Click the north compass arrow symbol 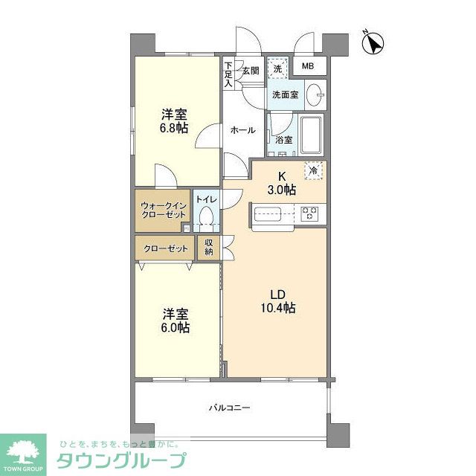374,42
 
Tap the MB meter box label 308,67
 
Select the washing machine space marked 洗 276,68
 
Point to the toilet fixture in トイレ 206,219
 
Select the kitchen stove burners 310,214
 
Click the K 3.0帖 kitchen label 282,184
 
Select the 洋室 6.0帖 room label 176,321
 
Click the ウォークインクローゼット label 163,210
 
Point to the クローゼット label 165,248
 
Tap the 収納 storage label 209,248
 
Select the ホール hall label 242,130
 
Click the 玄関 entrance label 250,71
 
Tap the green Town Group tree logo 23,452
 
